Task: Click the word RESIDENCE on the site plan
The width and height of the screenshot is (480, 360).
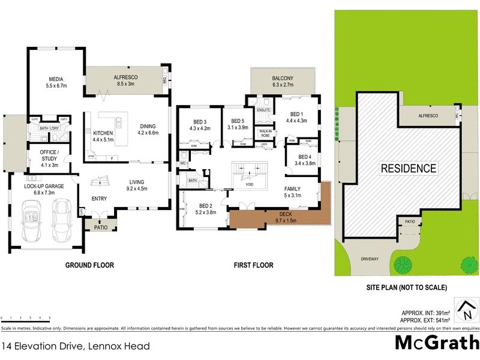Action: (x=409, y=169)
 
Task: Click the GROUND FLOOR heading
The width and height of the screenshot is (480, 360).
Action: (x=90, y=265)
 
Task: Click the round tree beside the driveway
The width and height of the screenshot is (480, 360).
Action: (x=402, y=263)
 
